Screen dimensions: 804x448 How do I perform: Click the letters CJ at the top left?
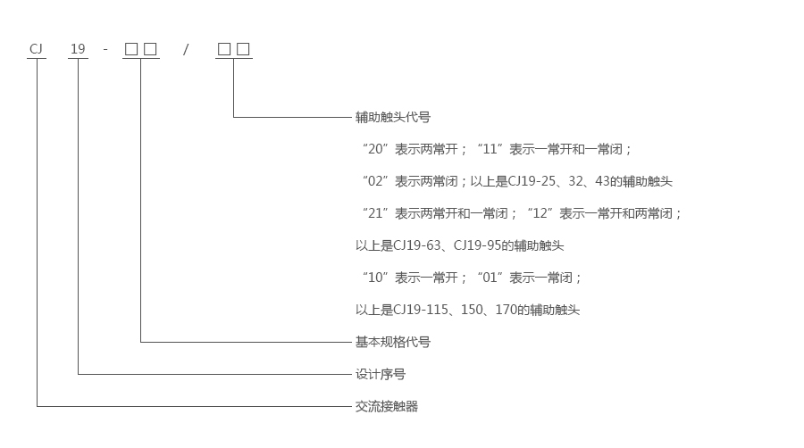(x=37, y=49)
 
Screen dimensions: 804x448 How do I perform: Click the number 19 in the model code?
(x=79, y=49)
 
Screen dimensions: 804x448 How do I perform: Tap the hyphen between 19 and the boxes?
(x=105, y=49)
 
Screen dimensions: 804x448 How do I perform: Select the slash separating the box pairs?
(x=186, y=49)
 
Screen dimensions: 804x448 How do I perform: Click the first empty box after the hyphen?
(x=131, y=49)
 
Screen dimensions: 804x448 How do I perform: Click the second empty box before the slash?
(x=151, y=49)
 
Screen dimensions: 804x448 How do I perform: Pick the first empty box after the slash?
(x=224, y=49)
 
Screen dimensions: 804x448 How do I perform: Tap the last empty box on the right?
(x=243, y=49)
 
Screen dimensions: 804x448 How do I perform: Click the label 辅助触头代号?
(x=393, y=117)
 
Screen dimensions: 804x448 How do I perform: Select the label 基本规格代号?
(x=393, y=342)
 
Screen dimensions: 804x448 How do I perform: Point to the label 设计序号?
(x=381, y=374)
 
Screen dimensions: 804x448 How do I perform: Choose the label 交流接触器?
(x=387, y=406)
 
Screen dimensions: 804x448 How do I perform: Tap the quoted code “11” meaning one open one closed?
(x=490, y=149)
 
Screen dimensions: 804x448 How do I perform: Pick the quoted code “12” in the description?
(x=540, y=213)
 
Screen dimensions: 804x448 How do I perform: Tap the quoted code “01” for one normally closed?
(x=490, y=278)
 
